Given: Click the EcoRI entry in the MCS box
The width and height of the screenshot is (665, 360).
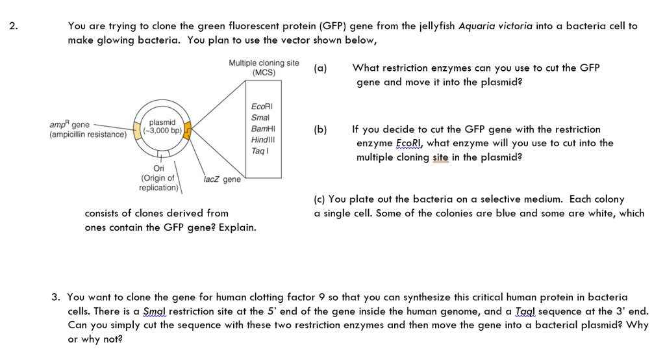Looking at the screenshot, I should tap(262, 107).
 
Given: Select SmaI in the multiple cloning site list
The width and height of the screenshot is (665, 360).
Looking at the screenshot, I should tap(260, 118).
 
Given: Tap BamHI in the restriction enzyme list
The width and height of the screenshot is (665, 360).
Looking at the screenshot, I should tap(262, 129).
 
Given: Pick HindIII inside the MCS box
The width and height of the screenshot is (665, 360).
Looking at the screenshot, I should tap(262, 140).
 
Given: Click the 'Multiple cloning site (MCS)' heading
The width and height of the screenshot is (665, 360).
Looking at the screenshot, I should tap(264, 68).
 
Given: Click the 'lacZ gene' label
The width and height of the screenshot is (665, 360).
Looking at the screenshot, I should tap(221, 179).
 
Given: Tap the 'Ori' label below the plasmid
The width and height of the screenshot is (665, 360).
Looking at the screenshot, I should tap(158, 168).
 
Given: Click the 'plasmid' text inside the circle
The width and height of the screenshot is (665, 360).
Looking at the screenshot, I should tap(162, 122).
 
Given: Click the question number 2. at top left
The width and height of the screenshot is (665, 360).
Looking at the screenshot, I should tap(14, 27).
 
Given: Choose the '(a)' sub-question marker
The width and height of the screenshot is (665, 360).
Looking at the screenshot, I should tap(321, 68).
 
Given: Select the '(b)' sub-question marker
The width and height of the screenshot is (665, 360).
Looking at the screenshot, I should tap(321, 129).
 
